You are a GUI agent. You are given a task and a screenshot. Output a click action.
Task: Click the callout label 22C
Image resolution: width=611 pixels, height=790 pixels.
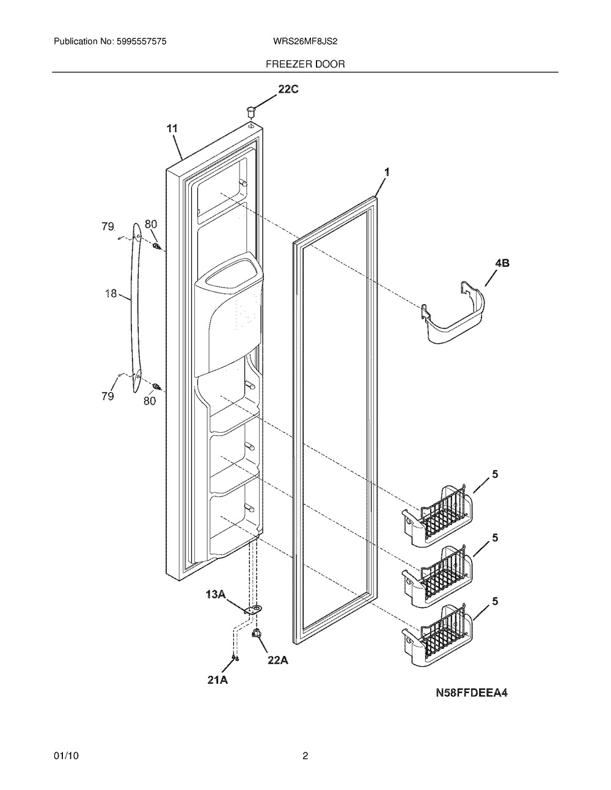(288, 89)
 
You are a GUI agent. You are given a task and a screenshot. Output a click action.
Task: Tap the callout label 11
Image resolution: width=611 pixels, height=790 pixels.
(172, 128)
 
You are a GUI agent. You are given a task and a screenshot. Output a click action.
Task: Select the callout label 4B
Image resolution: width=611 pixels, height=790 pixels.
(502, 263)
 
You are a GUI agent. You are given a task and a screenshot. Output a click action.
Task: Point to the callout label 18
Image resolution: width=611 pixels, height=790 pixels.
(111, 293)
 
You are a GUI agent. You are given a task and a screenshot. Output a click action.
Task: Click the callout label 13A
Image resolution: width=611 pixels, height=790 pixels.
(216, 595)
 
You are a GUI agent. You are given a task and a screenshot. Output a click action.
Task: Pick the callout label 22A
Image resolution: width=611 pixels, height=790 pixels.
(278, 660)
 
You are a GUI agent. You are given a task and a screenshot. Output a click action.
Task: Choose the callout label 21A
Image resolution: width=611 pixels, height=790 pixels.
(218, 680)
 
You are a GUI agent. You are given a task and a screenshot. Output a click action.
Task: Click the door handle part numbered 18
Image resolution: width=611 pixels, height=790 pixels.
(135, 308)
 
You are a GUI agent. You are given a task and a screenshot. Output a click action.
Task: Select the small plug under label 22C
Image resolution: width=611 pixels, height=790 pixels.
(251, 112)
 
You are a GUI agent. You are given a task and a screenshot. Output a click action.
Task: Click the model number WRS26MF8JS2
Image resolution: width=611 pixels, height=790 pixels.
(305, 42)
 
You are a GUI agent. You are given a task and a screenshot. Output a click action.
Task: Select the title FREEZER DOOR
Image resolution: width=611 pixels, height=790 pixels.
(305, 64)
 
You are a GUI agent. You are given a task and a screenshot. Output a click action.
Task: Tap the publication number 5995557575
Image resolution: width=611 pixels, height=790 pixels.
(142, 42)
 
